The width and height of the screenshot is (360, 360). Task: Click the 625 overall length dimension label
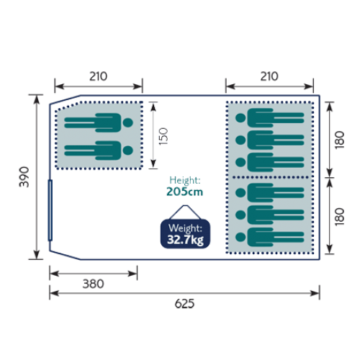point(184,304)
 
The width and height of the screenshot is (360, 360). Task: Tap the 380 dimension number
point(94,284)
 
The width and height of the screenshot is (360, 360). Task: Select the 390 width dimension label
point(24,177)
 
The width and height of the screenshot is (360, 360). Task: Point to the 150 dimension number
point(163,136)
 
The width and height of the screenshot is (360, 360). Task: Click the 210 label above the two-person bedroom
point(99,76)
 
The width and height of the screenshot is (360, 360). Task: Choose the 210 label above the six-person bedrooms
point(269,76)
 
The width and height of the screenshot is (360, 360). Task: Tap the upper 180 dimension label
point(340,140)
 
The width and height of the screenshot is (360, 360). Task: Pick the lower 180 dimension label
point(340,217)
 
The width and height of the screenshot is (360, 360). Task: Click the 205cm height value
point(184,192)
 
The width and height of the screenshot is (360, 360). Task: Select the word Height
point(184,180)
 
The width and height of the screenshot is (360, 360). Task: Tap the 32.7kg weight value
point(185,240)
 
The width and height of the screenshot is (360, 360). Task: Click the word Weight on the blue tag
point(185,228)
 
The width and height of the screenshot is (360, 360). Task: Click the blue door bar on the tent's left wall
point(50,210)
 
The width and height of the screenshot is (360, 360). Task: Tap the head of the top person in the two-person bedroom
point(128,122)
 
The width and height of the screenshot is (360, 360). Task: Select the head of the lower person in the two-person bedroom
point(128,150)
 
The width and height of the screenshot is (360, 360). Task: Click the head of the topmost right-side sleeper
point(240,118)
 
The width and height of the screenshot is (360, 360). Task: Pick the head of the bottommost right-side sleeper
point(240,237)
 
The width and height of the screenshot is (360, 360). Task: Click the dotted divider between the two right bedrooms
point(270,177)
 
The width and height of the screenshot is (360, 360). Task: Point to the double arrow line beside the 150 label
point(153,135)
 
